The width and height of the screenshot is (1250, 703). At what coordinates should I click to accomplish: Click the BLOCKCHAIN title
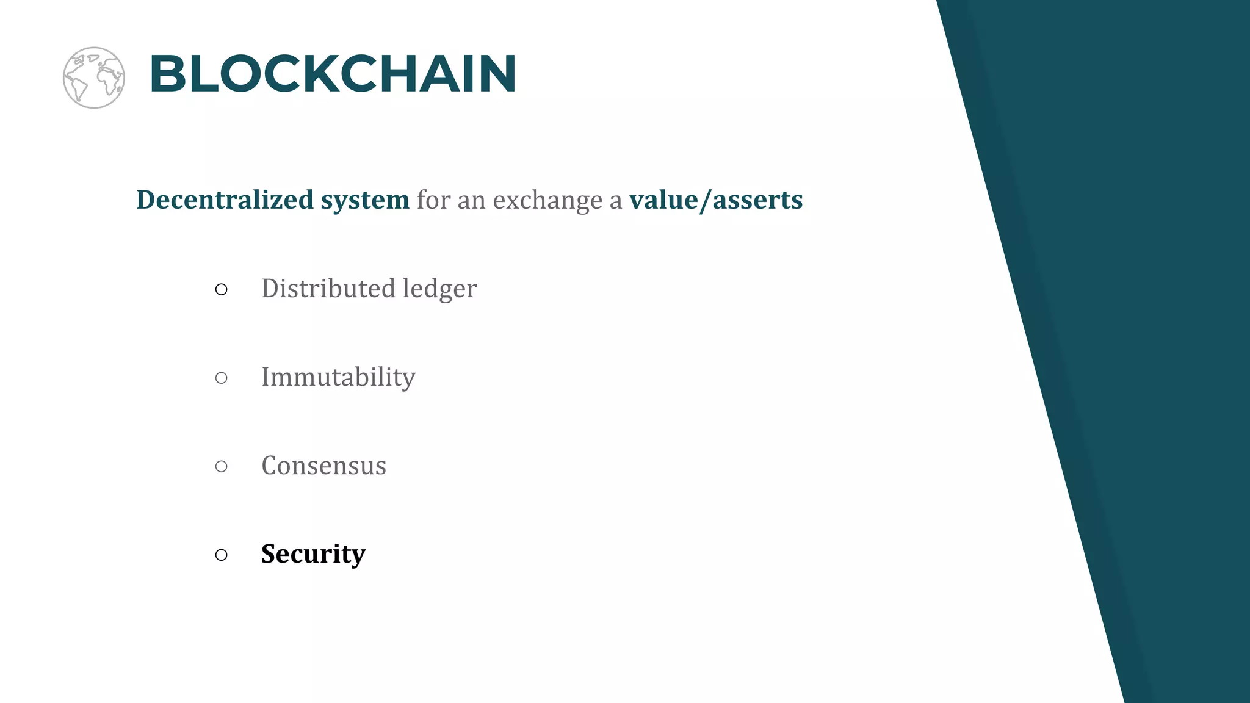[x=333, y=74]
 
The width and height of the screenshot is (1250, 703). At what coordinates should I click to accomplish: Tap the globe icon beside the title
[x=94, y=78]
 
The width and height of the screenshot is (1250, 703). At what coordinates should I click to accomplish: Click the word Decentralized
[x=225, y=200]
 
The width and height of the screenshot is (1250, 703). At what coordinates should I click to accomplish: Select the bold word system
[x=365, y=200]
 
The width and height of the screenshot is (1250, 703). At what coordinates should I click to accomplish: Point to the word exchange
[x=547, y=200]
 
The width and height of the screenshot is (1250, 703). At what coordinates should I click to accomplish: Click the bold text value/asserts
[x=716, y=200]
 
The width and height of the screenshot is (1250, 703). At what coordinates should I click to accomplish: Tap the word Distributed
[x=327, y=288]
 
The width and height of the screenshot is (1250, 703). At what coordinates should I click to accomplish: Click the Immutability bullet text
[x=338, y=377]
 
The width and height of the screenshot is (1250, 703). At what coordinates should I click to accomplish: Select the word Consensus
[x=323, y=466]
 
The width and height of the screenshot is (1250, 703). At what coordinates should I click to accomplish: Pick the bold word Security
[x=313, y=554]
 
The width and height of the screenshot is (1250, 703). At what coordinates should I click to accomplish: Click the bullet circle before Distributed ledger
[x=222, y=289]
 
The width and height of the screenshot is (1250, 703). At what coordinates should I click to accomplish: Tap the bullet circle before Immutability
[x=222, y=378]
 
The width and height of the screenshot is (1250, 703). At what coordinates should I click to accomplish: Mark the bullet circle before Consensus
[x=222, y=466]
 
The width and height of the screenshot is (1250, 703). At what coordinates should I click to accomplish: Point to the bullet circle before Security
[x=222, y=555]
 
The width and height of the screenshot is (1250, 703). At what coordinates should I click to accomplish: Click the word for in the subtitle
[x=433, y=200]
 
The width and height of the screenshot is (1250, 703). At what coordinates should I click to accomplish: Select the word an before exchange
[x=471, y=201]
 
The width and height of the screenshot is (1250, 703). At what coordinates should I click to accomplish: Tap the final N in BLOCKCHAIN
[x=494, y=74]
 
